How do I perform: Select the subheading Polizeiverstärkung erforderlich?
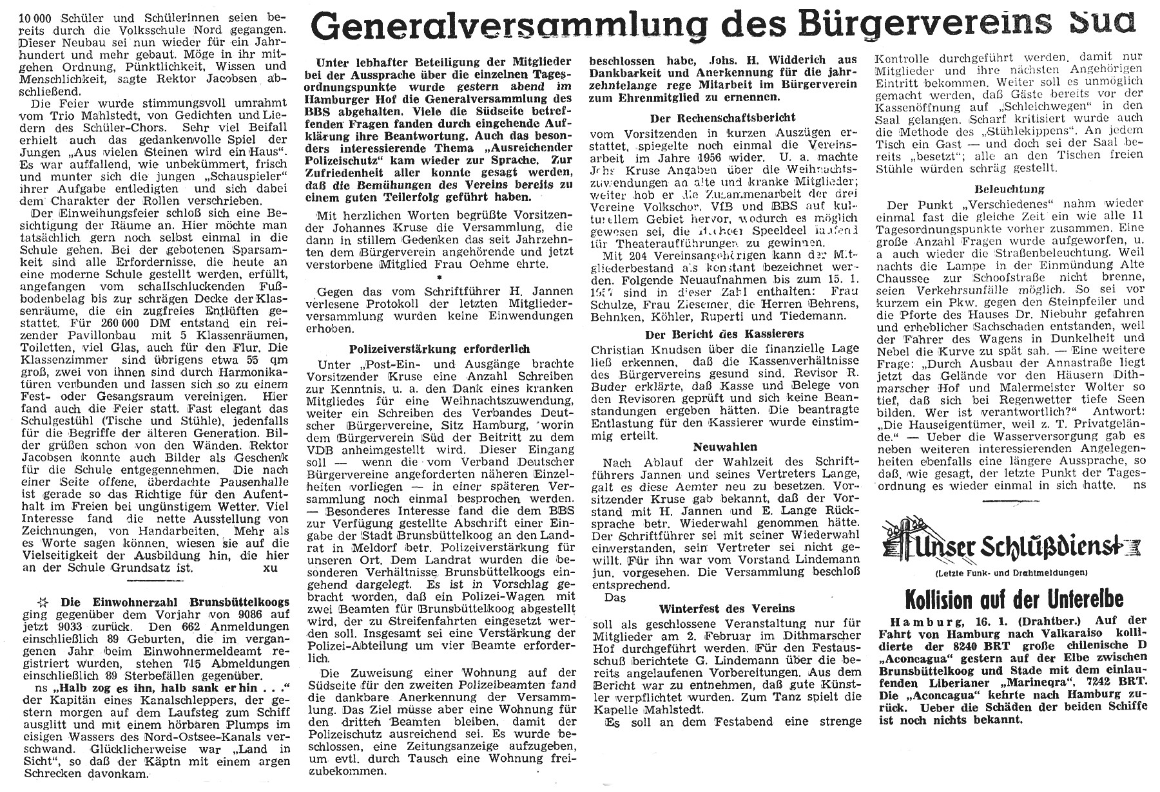pos(440,348)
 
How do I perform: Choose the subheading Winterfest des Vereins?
pos(726,608)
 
